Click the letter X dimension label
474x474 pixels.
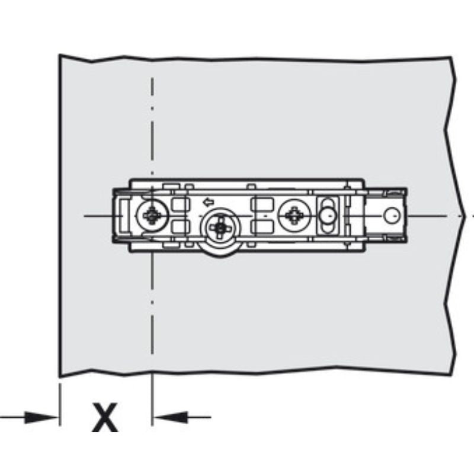(x=105, y=417)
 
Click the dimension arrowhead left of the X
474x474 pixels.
(x=41, y=418)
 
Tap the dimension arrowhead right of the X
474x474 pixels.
(x=170, y=417)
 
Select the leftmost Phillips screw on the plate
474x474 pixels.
(x=152, y=216)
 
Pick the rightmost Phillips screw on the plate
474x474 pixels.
(x=294, y=216)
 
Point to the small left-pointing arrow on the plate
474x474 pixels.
(x=209, y=202)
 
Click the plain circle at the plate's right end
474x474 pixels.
(x=392, y=216)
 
